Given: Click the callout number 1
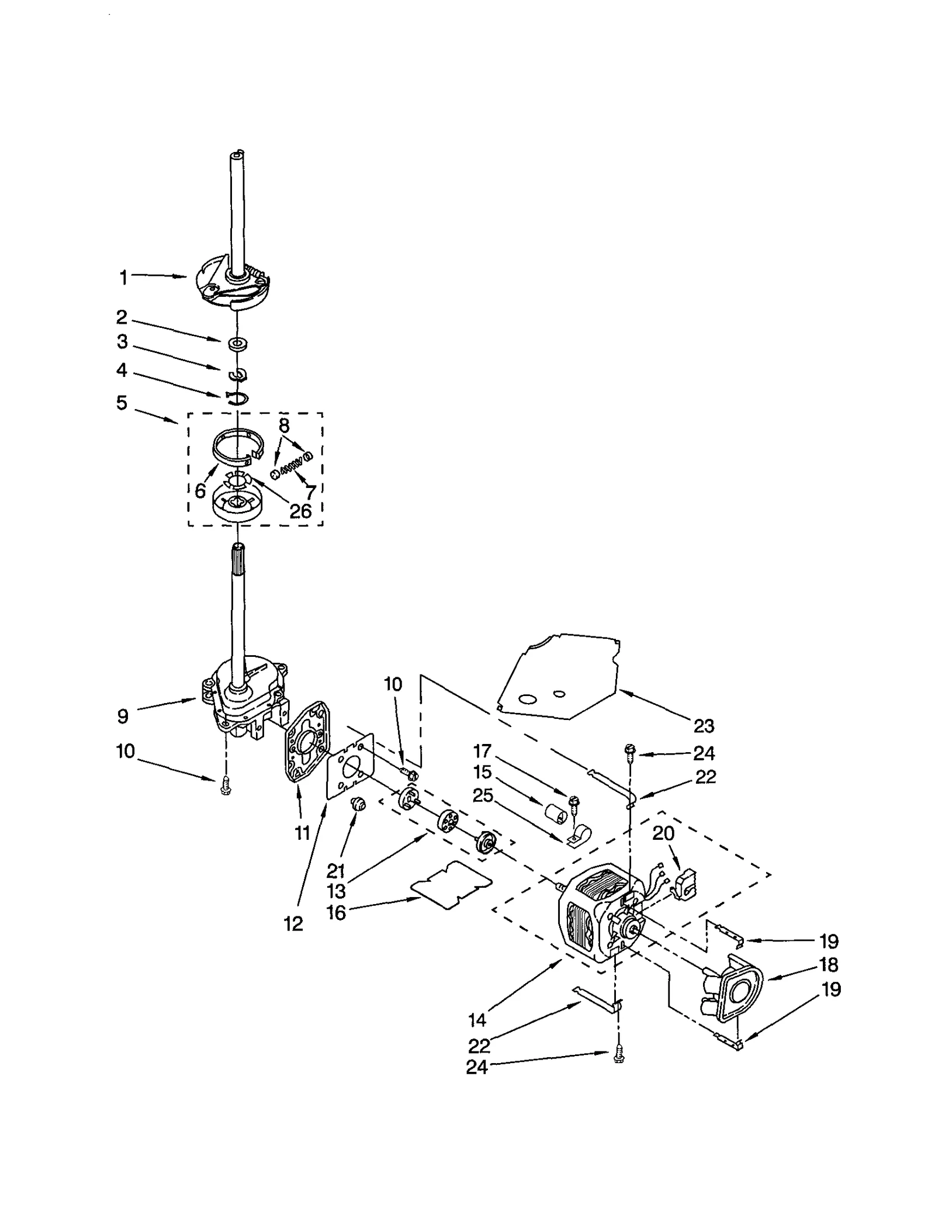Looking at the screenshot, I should point(123,277).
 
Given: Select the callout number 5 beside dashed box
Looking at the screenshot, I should point(122,403).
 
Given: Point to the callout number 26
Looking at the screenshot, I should point(300,511).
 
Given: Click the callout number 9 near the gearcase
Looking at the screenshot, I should point(123,717).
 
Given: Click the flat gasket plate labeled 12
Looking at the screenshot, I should point(349,775).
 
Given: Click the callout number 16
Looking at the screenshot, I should point(336,912).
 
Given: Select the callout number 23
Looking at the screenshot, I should point(704,726).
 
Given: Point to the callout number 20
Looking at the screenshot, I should point(663,833).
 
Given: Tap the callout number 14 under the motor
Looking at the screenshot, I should point(477,1020).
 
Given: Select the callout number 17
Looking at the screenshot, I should point(482,750).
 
